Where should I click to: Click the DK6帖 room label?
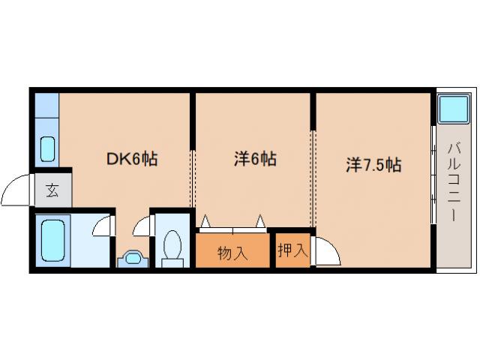(x=130, y=160)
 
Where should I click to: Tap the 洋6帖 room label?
(x=255, y=160)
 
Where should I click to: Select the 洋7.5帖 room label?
(x=373, y=165)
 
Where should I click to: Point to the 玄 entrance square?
(x=52, y=189)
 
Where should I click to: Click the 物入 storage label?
(x=232, y=253)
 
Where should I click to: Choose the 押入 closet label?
(x=292, y=250)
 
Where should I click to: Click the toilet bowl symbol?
(x=172, y=247)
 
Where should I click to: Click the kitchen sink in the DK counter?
(x=46, y=149)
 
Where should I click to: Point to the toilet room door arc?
(x=142, y=226)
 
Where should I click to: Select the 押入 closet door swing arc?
(x=328, y=251)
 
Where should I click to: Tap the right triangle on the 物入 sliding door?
(x=260, y=221)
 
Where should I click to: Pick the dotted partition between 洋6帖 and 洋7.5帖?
(x=313, y=161)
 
